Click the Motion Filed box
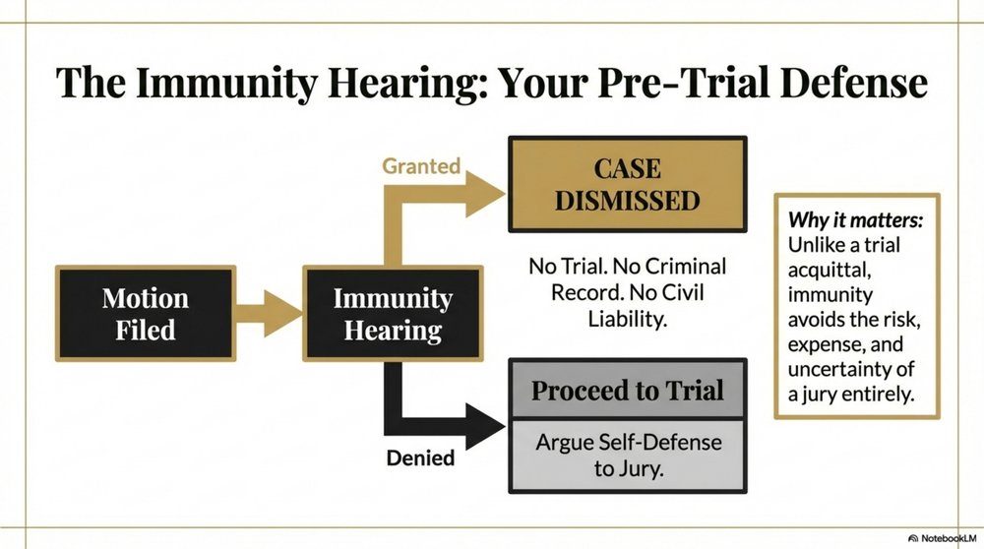tap(145, 313)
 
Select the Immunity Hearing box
tap(393, 313)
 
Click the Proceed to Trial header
tap(628, 391)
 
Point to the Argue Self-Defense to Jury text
tap(628, 456)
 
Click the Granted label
tap(421, 165)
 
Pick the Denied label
tap(421, 457)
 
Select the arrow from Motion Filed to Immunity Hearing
tap(267, 313)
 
